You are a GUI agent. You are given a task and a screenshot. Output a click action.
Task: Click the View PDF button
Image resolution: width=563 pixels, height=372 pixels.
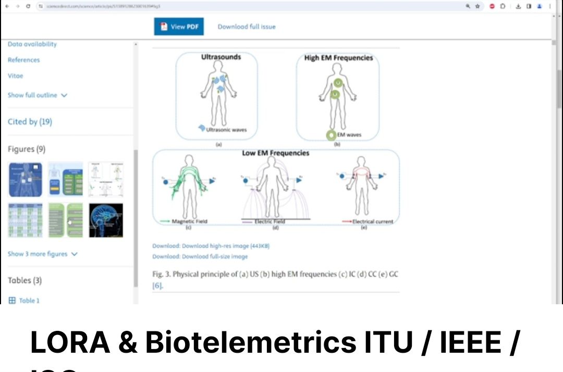coord(179,27)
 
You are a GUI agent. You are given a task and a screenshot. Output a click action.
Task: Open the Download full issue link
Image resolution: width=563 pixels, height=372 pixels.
coord(247,27)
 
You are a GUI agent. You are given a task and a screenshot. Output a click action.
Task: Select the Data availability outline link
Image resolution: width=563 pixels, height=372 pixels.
coord(32,44)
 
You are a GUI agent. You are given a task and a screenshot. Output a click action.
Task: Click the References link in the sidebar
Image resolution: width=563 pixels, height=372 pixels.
coord(24,60)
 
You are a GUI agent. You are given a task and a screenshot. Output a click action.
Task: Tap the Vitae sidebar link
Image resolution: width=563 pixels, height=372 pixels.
coord(16,76)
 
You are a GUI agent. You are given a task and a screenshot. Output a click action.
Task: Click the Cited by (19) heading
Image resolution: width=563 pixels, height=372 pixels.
coord(30,121)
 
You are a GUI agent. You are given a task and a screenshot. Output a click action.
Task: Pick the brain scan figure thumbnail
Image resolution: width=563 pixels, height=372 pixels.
coord(106,220)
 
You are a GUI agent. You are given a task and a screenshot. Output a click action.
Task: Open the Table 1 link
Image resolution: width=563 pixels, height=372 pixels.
coord(29,301)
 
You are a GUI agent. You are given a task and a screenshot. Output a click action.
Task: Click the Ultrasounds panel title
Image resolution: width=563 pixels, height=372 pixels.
coord(221,57)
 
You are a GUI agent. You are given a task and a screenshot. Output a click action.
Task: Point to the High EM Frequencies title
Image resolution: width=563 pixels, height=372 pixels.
coord(338,58)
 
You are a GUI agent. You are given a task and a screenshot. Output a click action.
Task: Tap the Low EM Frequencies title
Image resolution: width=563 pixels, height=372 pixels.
coord(275,153)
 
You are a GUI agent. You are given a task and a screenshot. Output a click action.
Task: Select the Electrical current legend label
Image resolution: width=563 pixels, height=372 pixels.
coord(372,221)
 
